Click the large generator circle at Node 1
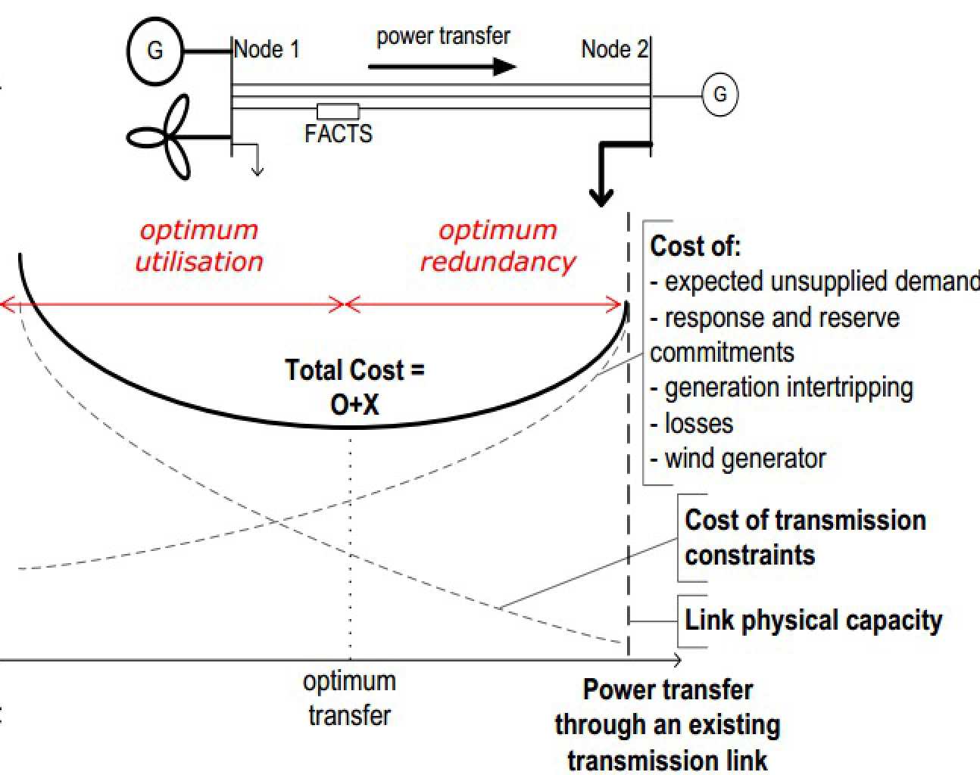click(x=155, y=51)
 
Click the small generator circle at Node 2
click(x=719, y=95)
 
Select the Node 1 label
click(x=267, y=50)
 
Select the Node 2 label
click(x=614, y=49)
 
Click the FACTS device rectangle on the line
click(x=338, y=111)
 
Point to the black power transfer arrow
click(x=442, y=67)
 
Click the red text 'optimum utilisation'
click(x=199, y=246)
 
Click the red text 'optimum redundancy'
click(x=498, y=246)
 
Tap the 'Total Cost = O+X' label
click(x=354, y=387)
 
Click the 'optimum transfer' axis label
click(x=349, y=698)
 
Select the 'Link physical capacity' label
click(x=813, y=621)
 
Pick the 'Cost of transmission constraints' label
click(x=804, y=537)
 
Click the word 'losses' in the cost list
click(x=698, y=423)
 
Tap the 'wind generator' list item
click(x=744, y=459)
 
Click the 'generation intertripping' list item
click(x=788, y=387)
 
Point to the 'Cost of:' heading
click(x=695, y=246)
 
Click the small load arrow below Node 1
click(x=257, y=162)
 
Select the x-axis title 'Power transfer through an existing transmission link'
click(x=667, y=724)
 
